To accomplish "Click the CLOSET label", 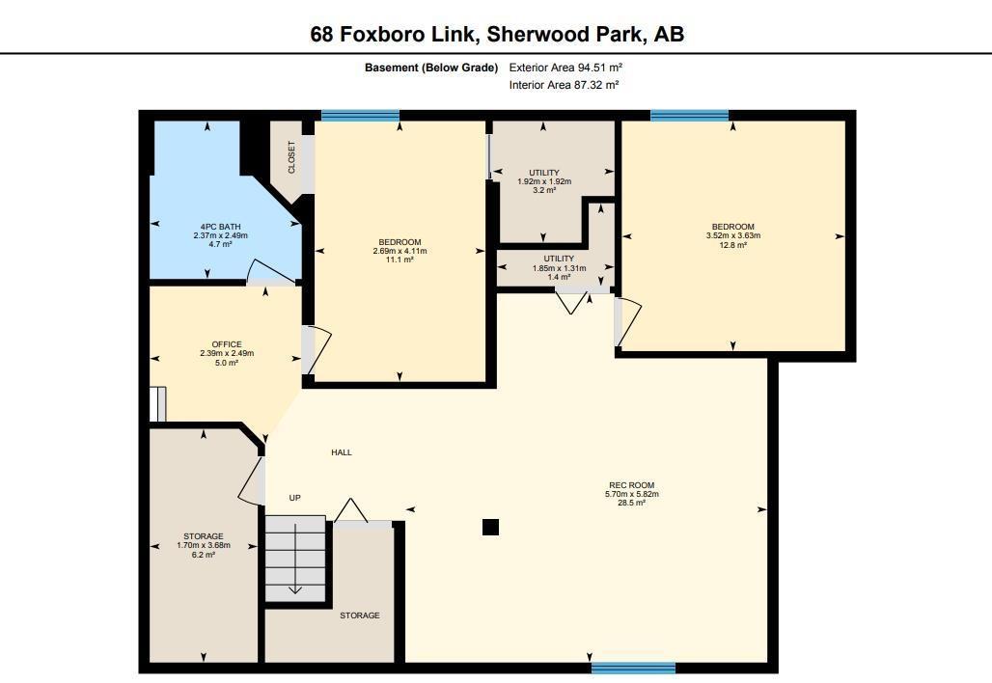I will [291, 157].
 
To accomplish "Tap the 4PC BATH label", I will [207, 227].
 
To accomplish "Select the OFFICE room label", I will [227, 344].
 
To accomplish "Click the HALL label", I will [342, 452].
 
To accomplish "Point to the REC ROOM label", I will [631, 485].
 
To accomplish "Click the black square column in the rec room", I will [490, 527].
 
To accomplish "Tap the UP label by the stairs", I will [295, 498].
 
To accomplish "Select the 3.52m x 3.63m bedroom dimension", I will [732, 236].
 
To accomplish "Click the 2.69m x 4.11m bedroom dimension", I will [400, 251].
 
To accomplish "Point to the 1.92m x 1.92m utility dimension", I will [544, 181].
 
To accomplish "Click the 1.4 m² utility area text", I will [559, 277].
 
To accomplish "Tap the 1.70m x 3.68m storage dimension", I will [204, 546].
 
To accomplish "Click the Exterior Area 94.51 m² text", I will [565, 68].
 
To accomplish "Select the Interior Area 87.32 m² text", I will [564, 85].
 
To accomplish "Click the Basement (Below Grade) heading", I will [430, 68].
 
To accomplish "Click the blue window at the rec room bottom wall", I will [633, 668].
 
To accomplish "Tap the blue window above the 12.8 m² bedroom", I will [689, 115].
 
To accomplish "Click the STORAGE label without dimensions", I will [359, 615].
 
